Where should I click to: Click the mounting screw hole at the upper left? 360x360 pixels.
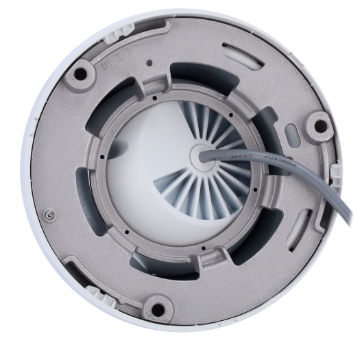[81, 69]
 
